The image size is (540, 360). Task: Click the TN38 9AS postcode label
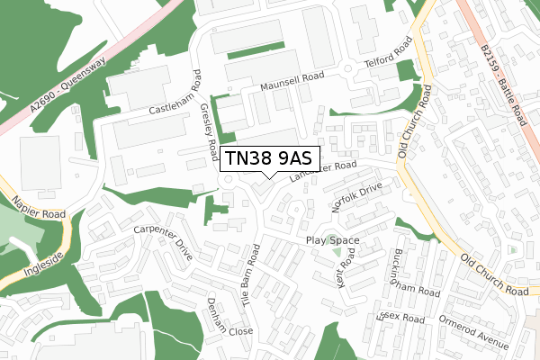270,157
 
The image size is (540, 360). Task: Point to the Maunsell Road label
292,84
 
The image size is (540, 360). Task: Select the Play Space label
332,240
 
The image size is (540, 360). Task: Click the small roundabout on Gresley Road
228,180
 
